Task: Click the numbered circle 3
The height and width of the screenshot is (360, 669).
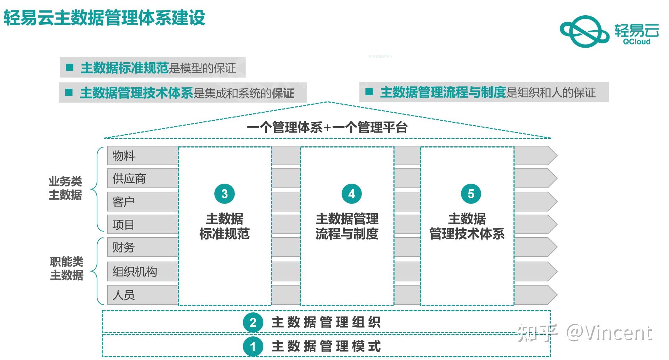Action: pyautogui.click(x=224, y=194)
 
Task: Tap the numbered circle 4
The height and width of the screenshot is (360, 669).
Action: pyautogui.click(x=351, y=194)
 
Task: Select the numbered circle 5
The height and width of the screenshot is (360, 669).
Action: pyautogui.click(x=471, y=194)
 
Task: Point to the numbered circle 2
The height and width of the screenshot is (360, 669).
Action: pyautogui.click(x=253, y=322)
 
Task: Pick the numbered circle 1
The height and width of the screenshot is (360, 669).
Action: pyautogui.click(x=253, y=346)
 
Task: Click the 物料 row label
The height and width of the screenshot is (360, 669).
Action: pyautogui.click(x=124, y=156)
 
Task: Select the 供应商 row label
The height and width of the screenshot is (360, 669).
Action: pyautogui.click(x=129, y=179)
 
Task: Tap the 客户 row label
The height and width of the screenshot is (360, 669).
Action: pyautogui.click(x=124, y=202)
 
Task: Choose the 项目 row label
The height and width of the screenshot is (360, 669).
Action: pyautogui.click(x=124, y=225)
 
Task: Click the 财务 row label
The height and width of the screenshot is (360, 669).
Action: pyautogui.click(x=124, y=248)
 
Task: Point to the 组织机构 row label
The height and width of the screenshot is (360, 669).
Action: pyautogui.click(x=135, y=272)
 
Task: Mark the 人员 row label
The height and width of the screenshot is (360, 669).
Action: pyautogui.click(x=124, y=295)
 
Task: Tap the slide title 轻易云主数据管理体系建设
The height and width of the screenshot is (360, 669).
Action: pyautogui.click(x=104, y=18)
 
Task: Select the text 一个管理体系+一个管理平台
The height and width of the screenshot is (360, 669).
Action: pyautogui.click(x=327, y=128)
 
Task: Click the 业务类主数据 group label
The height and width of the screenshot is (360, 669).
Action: pyautogui.click(x=65, y=188)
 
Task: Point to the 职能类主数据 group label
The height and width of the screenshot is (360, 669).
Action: pyautogui.click(x=66, y=269)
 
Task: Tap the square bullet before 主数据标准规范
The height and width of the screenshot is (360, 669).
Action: pyautogui.click(x=70, y=67)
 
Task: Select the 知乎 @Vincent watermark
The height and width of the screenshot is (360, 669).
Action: pyautogui.click(x=584, y=333)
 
